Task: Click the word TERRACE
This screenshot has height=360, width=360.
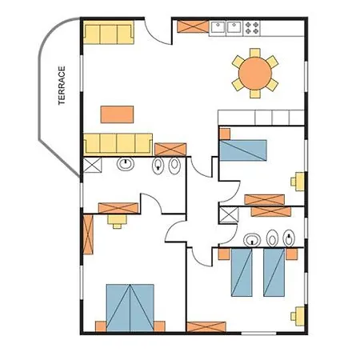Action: [x=62, y=86]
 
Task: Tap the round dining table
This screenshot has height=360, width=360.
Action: [x=255, y=74]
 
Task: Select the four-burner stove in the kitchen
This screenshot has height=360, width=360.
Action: [x=252, y=28]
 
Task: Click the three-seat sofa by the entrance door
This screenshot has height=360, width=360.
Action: [x=109, y=32]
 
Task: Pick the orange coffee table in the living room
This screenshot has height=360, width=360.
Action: [x=117, y=114]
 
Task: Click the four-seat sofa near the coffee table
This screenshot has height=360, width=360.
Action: [x=118, y=144]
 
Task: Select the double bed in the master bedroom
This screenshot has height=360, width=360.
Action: [x=130, y=308]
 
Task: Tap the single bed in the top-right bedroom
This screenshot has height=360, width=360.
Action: [x=243, y=150]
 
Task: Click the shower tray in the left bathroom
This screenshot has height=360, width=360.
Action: [x=92, y=165]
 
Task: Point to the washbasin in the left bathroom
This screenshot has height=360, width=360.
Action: [x=126, y=163]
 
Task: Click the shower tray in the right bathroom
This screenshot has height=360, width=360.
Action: [x=229, y=215]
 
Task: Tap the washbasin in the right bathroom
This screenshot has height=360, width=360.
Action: [x=252, y=240]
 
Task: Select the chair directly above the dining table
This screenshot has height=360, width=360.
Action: [x=255, y=53]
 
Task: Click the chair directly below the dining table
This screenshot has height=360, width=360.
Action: [x=255, y=94]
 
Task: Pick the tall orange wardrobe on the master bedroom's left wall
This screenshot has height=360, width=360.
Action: [x=88, y=234]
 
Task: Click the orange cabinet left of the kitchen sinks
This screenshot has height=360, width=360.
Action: [x=193, y=26]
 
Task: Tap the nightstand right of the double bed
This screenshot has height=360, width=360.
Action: [x=159, y=326]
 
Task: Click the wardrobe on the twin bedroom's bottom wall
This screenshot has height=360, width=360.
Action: [x=206, y=327]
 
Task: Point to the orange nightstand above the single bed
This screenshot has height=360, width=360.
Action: [x=225, y=134]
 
